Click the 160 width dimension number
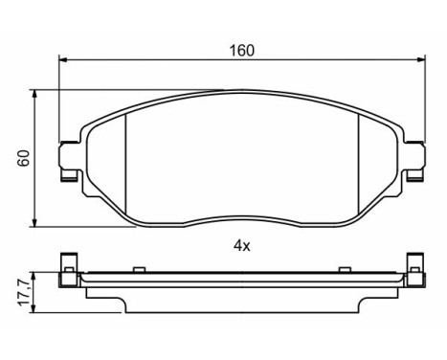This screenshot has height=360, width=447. click(241, 51)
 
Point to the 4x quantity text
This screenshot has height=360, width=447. click(241, 246)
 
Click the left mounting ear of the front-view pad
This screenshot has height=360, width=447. click(68, 153)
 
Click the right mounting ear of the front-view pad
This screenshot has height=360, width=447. click(414, 153)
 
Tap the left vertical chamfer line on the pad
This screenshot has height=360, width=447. click(127, 158)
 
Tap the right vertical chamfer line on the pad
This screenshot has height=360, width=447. click(357, 158)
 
